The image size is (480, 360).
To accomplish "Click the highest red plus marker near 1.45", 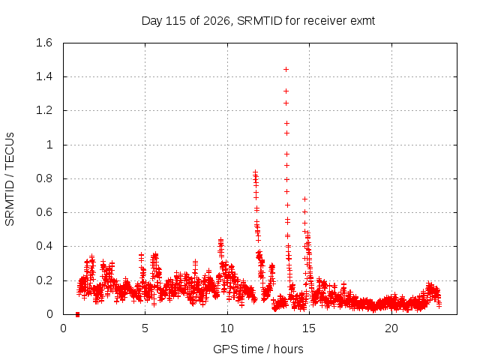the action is click(286, 70).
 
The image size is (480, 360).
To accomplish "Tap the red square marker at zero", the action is click(77, 314).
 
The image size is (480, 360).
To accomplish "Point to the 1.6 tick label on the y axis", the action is click(44, 43).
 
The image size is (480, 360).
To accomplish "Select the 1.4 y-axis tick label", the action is click(44, 76).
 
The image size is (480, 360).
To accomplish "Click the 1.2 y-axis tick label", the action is click(44, 110).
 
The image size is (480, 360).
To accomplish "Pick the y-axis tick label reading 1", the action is click(49, 145).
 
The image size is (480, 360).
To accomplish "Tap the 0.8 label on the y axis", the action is click(44, 178).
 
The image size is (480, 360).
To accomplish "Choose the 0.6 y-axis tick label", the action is click(44, 212).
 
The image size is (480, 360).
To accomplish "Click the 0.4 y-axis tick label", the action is click(44, 246).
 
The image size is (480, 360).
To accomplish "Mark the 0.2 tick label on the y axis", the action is click(44, 280).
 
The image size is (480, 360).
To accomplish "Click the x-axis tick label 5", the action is click(145, 328).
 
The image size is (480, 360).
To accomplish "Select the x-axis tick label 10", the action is click(227, 328).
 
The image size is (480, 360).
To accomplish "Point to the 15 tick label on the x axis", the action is click(309, 328).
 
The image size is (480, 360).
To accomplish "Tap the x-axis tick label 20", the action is click(391, 328).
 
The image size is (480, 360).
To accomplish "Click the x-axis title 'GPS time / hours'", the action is click(258, 349).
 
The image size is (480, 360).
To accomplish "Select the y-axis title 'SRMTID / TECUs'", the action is click(10, 179).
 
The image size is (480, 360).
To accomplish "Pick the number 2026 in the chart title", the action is click(217, 21).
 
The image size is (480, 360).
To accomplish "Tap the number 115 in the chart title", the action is click(175, 21).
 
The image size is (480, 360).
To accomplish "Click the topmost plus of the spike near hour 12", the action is click(255, 172).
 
